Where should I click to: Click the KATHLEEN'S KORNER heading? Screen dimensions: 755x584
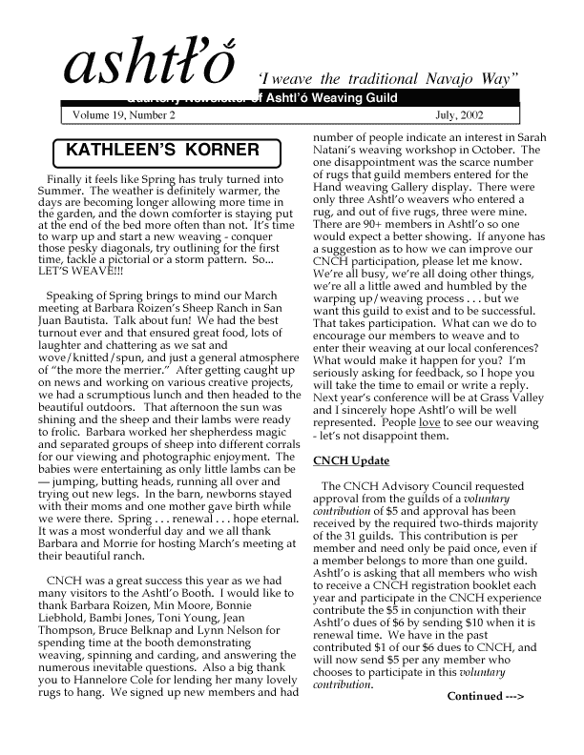(163, 151)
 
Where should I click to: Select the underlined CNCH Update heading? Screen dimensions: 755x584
(351, 461)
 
